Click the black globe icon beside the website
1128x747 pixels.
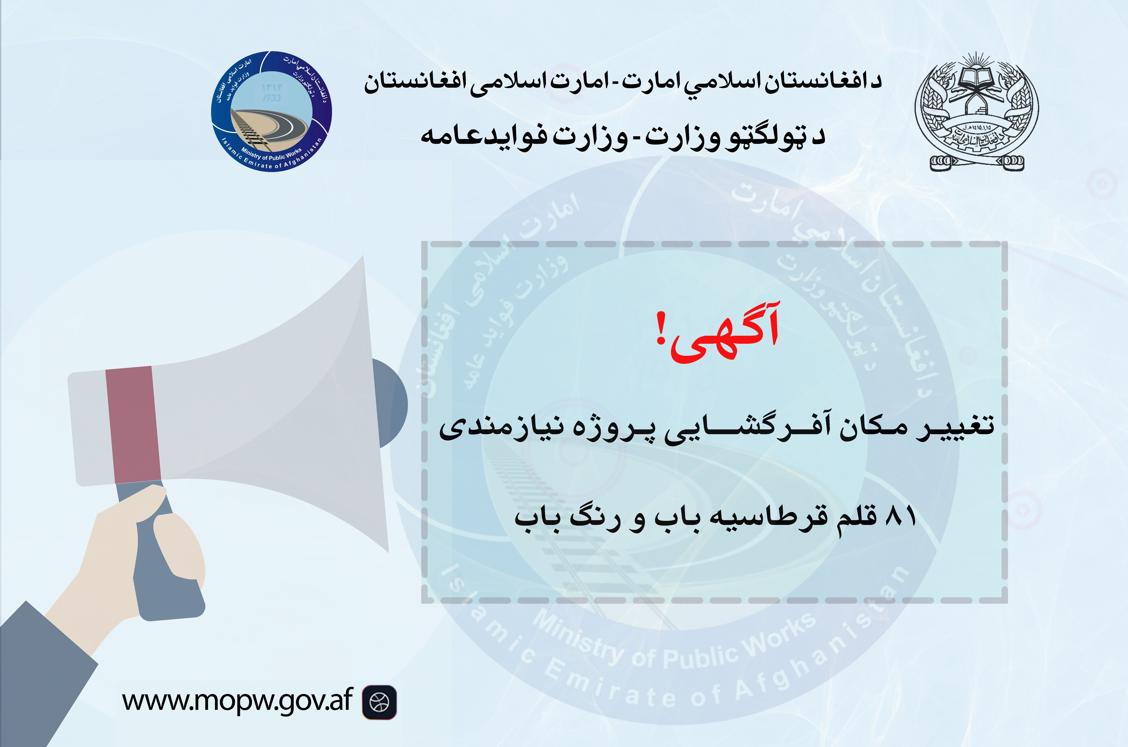pos(379,702)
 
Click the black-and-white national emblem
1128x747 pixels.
pos(976,112)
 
